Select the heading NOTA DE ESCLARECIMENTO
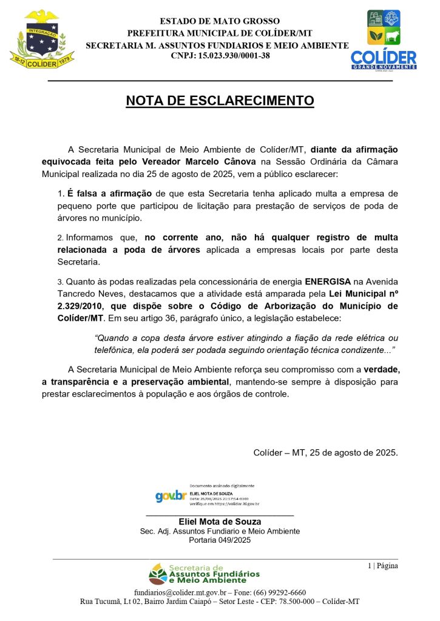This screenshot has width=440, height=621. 220,101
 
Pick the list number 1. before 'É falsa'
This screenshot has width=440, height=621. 60,194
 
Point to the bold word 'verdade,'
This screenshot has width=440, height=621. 381,369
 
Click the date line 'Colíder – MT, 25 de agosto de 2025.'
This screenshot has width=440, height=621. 325,452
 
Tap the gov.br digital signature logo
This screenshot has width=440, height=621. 171,496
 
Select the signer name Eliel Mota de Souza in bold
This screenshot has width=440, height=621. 220,522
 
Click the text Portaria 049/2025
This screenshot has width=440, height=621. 220,540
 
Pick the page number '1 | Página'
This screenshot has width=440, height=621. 382,566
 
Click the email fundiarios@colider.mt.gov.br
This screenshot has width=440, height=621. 180,592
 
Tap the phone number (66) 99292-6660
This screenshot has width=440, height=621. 283,592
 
